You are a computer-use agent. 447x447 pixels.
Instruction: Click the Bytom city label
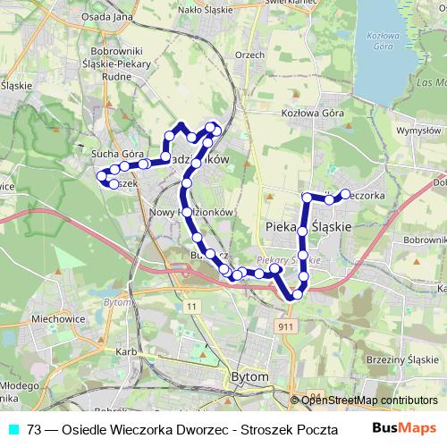[249, 377]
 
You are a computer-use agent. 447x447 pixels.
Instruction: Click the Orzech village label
[251, 54]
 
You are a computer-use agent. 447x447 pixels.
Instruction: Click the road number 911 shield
[285, 328]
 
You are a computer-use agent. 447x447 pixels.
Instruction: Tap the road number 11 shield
[192, 306]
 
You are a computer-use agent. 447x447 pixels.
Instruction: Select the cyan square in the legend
[13, 428]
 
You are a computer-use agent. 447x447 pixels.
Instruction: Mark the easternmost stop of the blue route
[345, 193]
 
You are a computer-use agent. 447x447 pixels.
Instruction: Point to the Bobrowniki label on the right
[425, 240]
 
